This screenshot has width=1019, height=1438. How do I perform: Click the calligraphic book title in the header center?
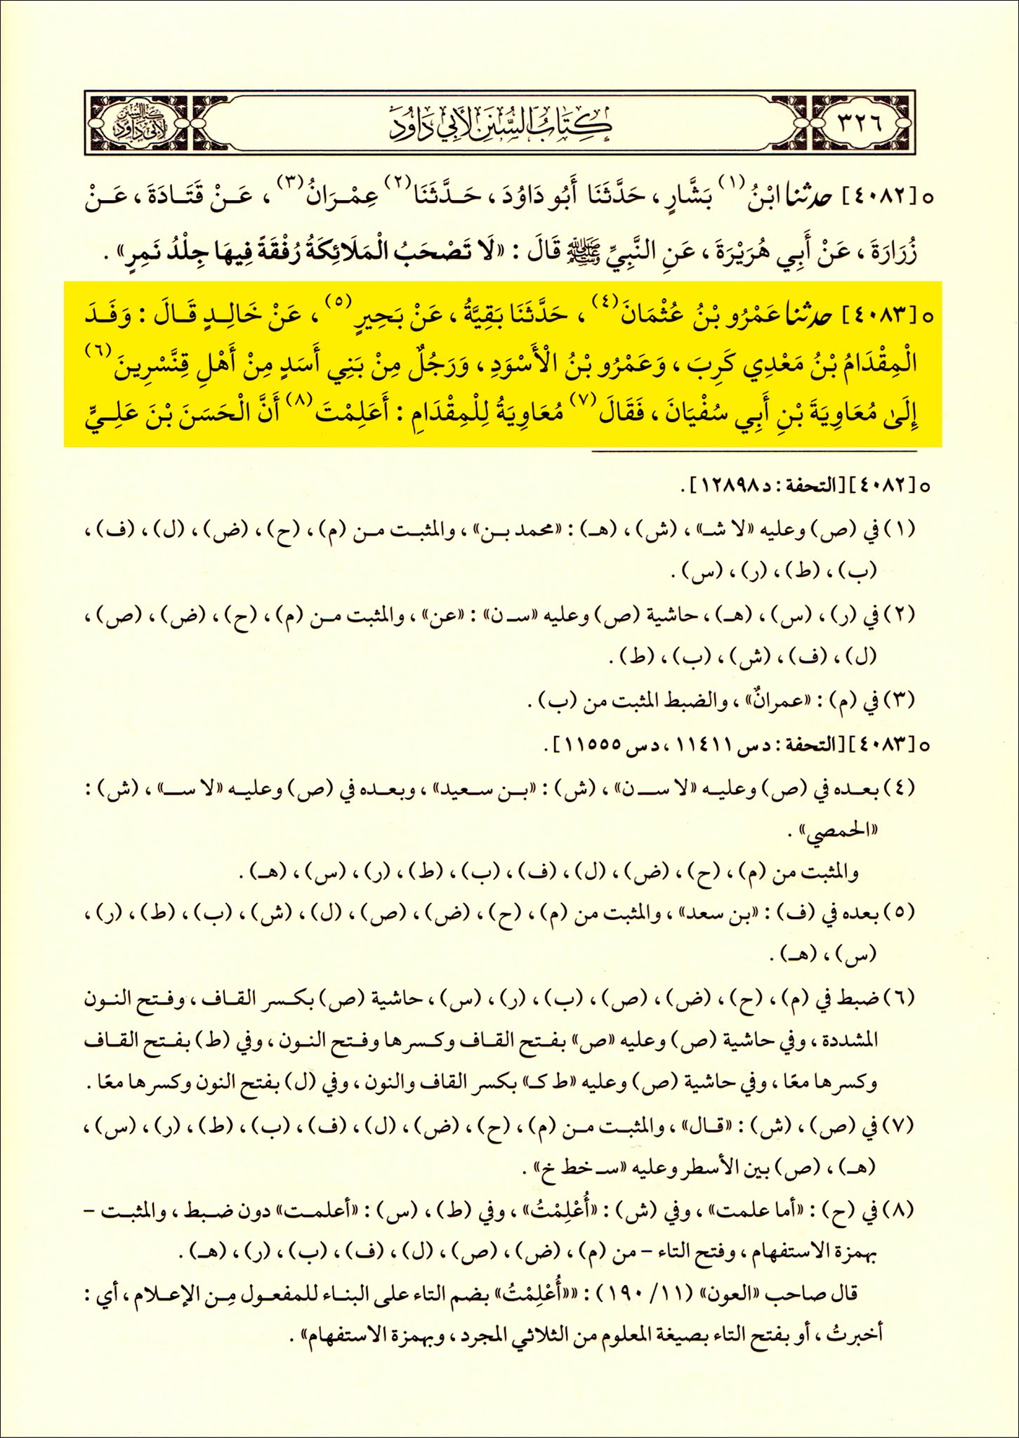pyautogui.click(x=500, y=123)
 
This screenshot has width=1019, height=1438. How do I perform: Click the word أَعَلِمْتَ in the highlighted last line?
pyautogui.click(x=352, y=413)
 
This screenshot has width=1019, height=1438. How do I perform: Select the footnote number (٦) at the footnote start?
pyautogui.click(x=902, y=997)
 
